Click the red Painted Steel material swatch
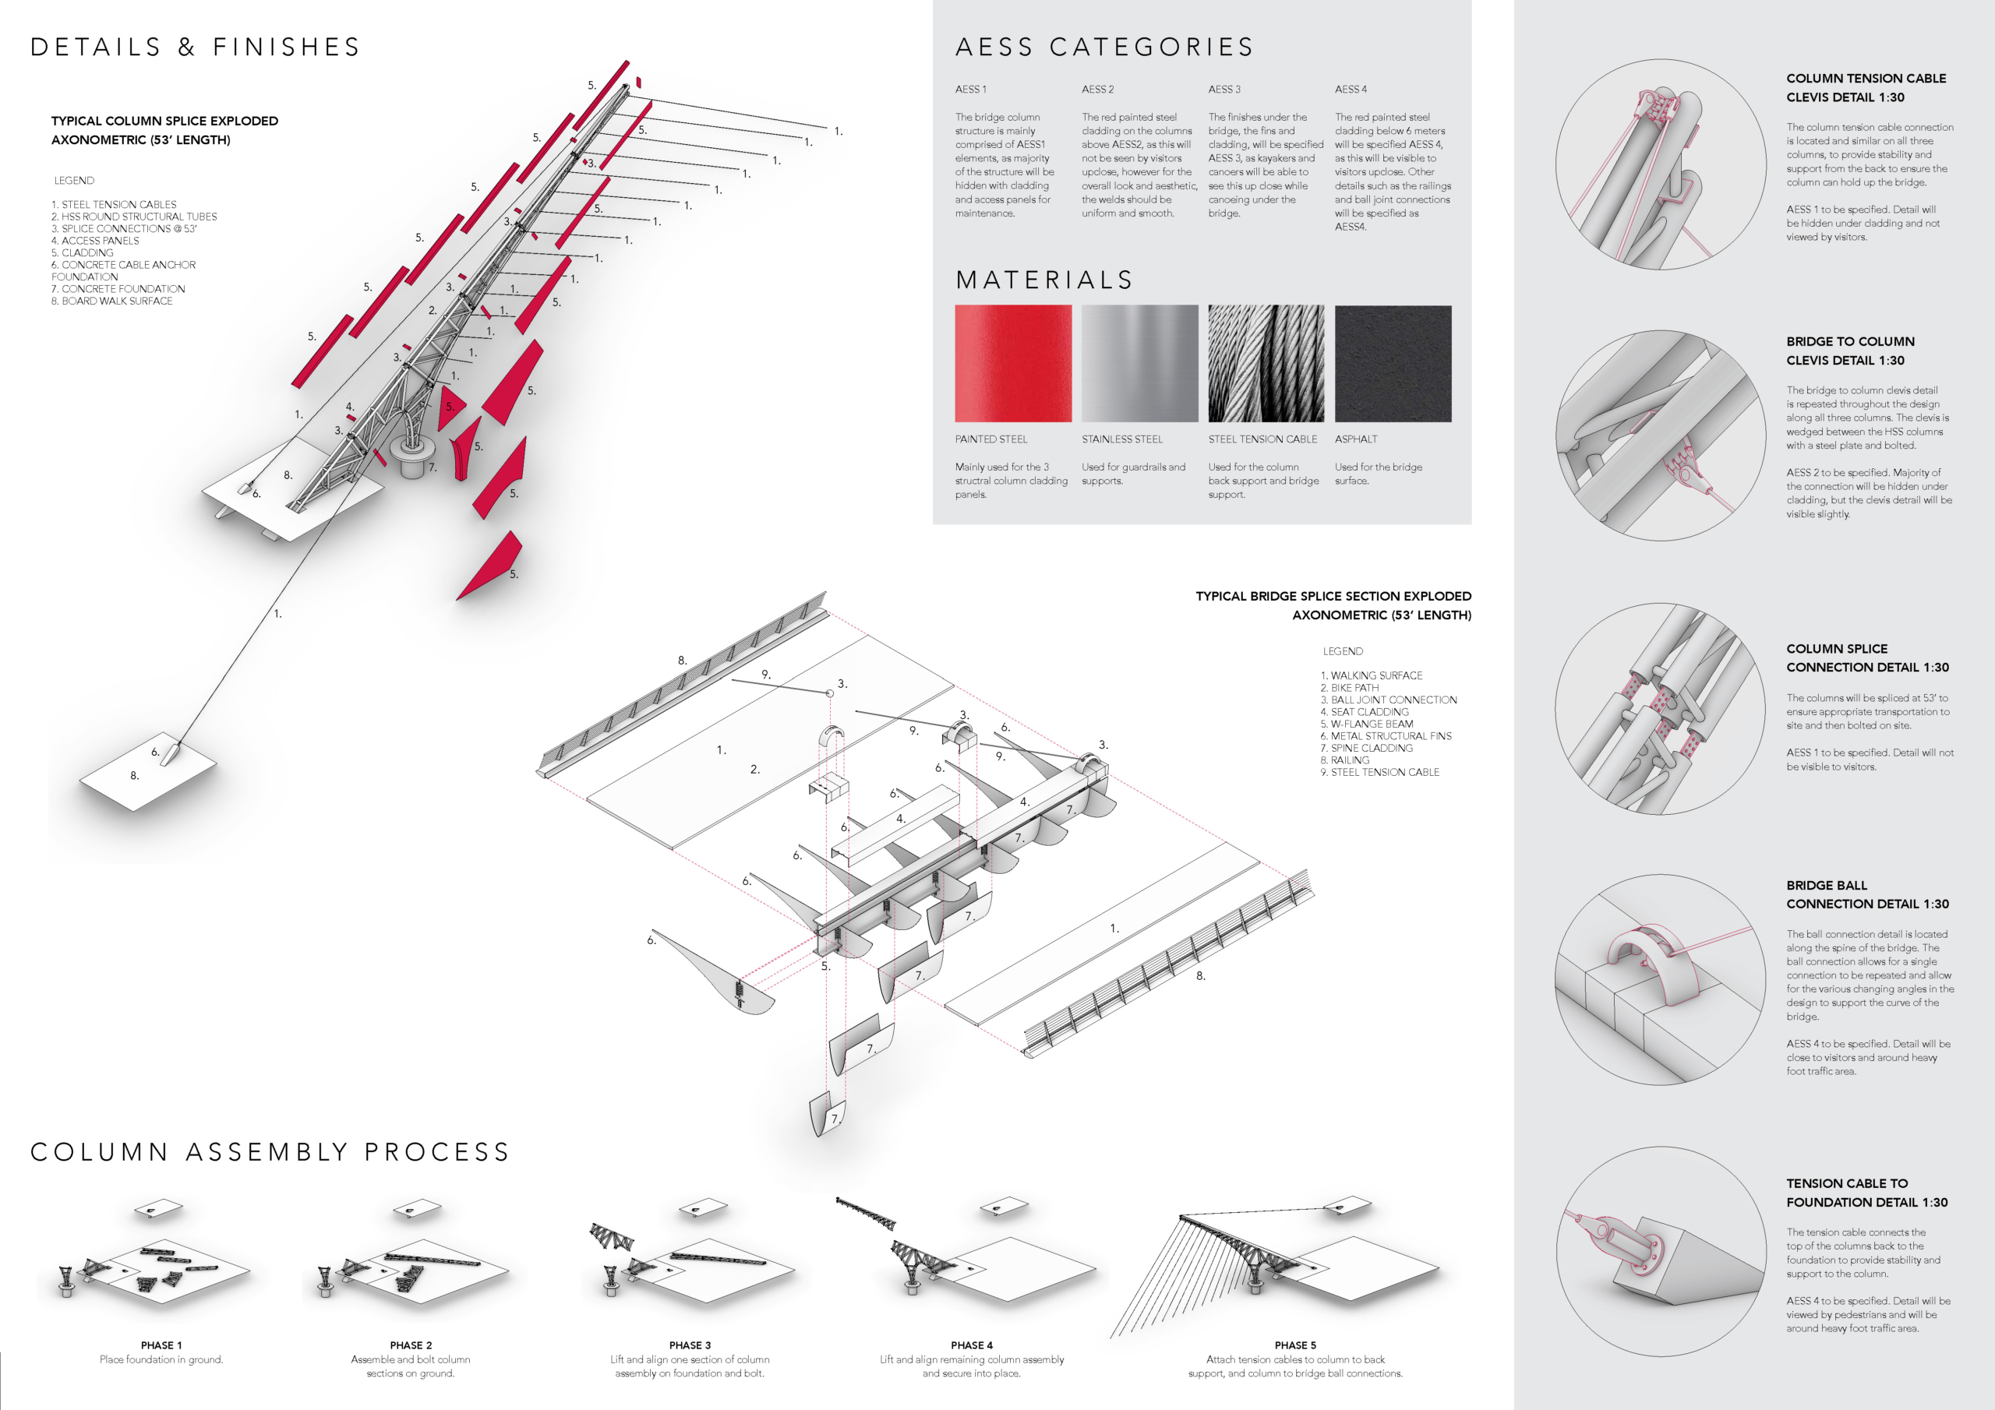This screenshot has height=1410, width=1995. [x=1013, y=363]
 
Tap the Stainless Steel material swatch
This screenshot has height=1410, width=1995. [x=1139, y=363]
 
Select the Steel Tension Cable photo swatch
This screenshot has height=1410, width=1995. [x=1266, y=363]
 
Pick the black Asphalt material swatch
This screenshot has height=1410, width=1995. [x=1393, y=363]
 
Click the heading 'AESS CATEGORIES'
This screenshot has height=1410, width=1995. [x=1104, y=47]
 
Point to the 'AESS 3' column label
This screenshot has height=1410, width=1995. [x=1224, y=90]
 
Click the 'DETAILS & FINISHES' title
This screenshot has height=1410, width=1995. [x=196, y=47]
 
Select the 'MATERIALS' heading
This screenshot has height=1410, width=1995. [x=1044, y=280]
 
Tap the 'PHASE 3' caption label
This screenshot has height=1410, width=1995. [x=690, y=1345]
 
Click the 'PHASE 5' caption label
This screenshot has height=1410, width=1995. [x=1294, y=1345]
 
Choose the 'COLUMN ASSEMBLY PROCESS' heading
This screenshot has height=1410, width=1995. [x=270, y=1152]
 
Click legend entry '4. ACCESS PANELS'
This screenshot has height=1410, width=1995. [x=95, y=241]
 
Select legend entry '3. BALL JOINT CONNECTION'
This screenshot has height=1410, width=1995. [x=1389, y=700]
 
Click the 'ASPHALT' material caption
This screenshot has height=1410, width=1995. [x=1355, y=439]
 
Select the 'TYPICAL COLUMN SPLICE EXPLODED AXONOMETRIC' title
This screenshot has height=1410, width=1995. [x=164, y=130]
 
